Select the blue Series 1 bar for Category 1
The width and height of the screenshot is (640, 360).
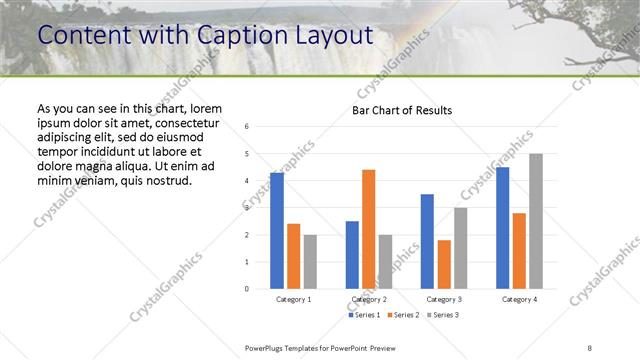point(277,230)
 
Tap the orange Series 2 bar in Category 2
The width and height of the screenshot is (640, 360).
point(369,229)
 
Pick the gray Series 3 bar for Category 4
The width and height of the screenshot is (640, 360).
point(535,221)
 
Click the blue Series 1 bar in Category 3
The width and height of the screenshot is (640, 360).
point(427,241)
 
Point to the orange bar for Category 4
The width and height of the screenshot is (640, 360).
point(518,250)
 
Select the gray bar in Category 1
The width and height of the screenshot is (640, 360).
point(310,261)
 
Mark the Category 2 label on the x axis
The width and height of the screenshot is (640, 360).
point(369,299)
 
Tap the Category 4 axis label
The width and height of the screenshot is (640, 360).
point(518,299)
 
